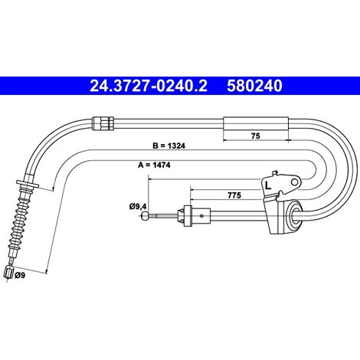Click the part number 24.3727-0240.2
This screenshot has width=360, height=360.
click(148, 86)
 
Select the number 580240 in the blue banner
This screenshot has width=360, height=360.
click(254, 86)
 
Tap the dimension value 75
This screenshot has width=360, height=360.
click(255, 136)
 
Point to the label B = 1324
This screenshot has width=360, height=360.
click(169, 146)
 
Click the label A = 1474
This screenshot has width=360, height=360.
click(154, 165)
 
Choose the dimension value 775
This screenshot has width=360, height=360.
click(234, 195)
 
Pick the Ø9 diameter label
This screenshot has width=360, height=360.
click(20, 275)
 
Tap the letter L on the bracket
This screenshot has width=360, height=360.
click(268, 185)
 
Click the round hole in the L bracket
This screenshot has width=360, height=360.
click(295, 182)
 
